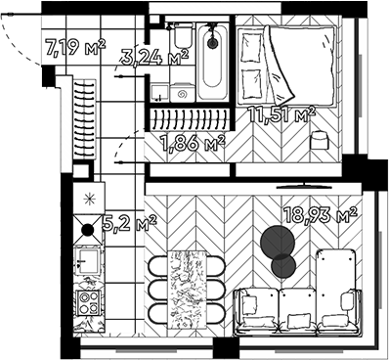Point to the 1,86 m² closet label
click(x=192, y=145)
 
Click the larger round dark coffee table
click(x=277, y=241)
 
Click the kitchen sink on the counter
click(x=86, y=262)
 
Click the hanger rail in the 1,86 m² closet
click(x=190, y=121)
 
